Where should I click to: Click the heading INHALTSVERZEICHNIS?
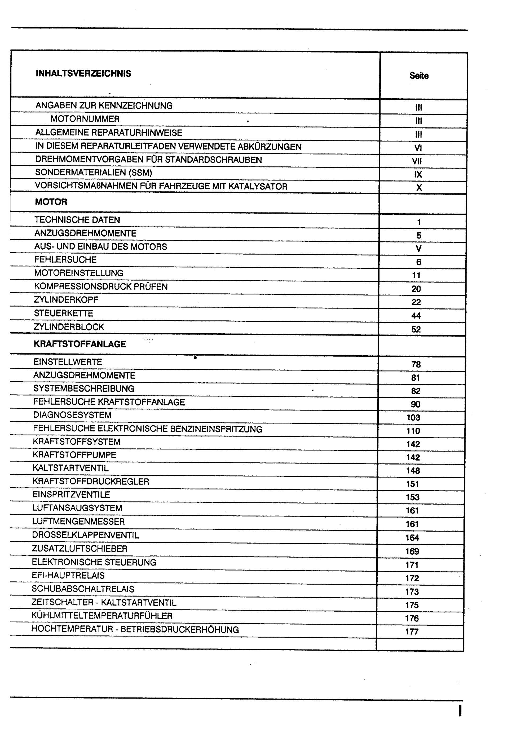click(x=83, y=74)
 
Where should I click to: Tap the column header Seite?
click(x=419, y=76)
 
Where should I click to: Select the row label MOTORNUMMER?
click(x=85, y=119)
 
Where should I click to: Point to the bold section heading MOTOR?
click(x=51, y=202)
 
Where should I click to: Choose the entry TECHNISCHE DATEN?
click(x=77, y=220)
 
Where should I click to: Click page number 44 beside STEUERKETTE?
click(x=416, y=316)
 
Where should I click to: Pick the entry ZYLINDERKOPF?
click(x=66, y=299)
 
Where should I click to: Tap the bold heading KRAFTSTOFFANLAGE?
click(x=80, y=344)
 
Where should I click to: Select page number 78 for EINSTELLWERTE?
click(x=416, y=364)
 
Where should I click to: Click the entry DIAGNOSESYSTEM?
click(x=72, y=415)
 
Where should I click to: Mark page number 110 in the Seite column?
click(x=413, y=431)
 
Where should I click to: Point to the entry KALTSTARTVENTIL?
click(x=71, y=468)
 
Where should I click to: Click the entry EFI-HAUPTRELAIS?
click(x=68, y=575)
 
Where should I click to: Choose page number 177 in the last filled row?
click(x=412, y=631)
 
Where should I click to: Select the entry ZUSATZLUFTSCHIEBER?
click(x=80, y=548)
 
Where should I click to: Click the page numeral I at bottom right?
click(x=460, y=711)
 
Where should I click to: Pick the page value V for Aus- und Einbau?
click(x=418, y=249)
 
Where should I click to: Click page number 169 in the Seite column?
click(x=412, y=551)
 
